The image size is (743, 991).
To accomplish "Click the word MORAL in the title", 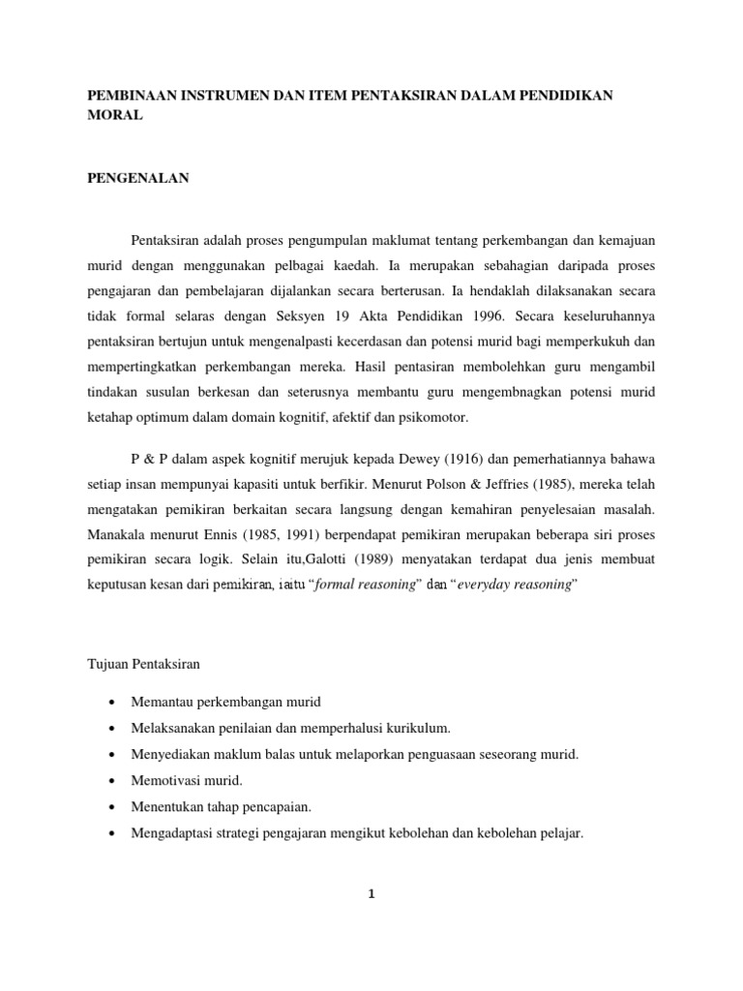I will coord(115,115).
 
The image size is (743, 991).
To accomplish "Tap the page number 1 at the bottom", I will coord(371,893).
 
